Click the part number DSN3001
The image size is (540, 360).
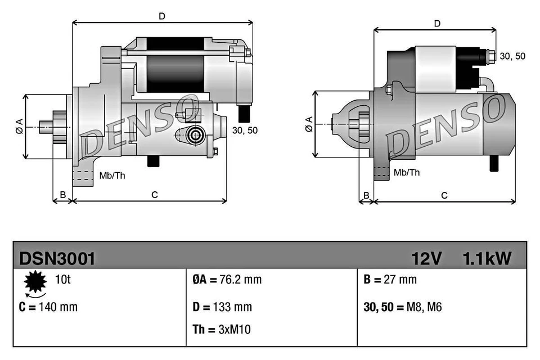pos(57,258)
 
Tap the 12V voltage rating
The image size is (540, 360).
pos(426,258)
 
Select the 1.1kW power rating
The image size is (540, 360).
pos(487,258)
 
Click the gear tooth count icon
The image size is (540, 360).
pos(35,282)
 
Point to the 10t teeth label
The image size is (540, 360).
pos(63,279)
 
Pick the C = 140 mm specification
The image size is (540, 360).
pos(49,307)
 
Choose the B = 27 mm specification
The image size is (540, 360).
pos(390,280)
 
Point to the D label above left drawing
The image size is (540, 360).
pos(161,16)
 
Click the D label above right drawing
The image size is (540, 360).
pos(436,23)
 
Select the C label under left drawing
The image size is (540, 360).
pos(154,195)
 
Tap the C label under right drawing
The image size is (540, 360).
pos(444,195)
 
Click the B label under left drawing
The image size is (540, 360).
pos(63,195)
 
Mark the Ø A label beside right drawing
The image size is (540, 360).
pos(308,124)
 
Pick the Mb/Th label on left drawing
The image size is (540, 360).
pos(112,175)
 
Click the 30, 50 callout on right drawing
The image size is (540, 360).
pos(512,56)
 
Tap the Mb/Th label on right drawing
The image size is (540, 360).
pos(407,173)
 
